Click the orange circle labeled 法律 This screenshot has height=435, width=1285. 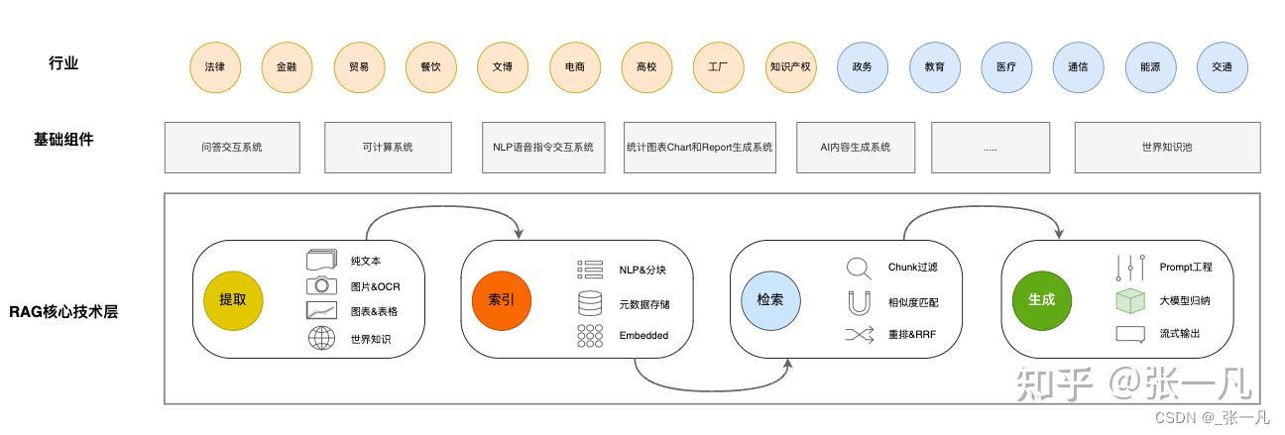(215, 67)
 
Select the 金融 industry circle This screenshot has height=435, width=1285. (287, 67)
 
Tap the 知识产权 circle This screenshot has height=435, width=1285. (790, 67)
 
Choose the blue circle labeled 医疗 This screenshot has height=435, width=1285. (1006, 67)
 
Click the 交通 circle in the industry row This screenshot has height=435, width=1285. (1222, 67)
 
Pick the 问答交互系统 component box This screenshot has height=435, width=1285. (231, 148)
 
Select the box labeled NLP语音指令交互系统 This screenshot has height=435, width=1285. (542, 148)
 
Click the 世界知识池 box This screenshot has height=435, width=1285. (1167, 148)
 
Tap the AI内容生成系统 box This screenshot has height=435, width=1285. (855, 148)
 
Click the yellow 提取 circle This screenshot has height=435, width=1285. (233, 299)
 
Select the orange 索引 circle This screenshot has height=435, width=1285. (501, 299)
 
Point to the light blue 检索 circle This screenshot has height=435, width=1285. (770, 299)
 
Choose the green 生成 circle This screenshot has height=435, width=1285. (1041, 299)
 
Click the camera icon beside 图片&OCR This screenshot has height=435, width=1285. (321, 286)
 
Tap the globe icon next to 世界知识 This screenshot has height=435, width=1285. (321, 339)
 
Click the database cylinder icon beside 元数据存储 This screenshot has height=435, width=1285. (590, 303)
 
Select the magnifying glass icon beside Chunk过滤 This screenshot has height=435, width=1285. (859, 269)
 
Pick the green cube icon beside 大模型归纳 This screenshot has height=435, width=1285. (1130, 300)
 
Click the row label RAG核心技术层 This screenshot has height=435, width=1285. (63, 312)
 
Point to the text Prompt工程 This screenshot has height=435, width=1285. (1186, 268)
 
